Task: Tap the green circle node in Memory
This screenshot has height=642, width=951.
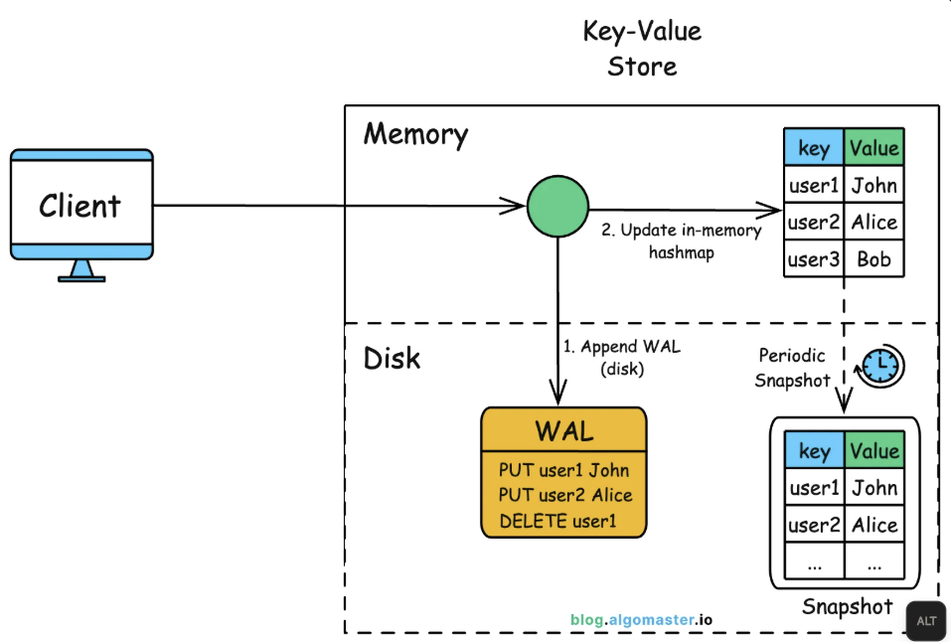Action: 556,208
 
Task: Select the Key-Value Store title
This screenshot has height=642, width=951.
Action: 642,49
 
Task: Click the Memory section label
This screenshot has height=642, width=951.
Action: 415,134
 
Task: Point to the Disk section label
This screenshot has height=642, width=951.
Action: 392,358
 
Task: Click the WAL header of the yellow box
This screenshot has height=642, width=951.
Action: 564,431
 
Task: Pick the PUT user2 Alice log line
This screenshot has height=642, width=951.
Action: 565,495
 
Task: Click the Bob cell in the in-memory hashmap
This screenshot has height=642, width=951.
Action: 873,259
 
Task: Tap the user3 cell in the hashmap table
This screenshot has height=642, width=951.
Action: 814,259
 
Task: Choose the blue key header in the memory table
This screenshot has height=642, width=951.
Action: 814,148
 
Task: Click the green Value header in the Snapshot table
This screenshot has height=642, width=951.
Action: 874,450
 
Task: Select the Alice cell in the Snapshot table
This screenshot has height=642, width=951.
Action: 874,526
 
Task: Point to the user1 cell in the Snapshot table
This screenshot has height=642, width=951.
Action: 814,488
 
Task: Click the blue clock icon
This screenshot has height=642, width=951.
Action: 880,367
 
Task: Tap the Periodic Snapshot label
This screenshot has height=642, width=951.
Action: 793,368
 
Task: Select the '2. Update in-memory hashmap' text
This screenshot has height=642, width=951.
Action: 681,241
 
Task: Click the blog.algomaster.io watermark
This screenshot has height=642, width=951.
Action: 641,619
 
